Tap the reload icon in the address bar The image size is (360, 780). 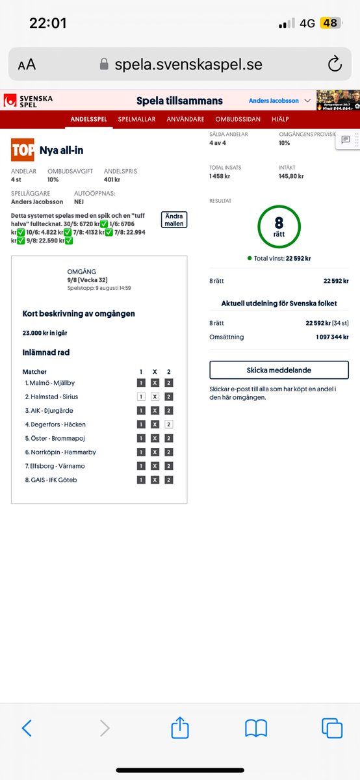tap(335, 64)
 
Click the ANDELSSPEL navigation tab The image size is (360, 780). tap(89, 120)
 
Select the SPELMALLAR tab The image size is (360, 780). tap(137, 120)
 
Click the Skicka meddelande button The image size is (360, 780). tap(279, 370)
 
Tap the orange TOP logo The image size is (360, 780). tap(23, 150)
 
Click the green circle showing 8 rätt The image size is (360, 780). tap(279, 227)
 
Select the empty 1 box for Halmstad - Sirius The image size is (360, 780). tap(141, 396)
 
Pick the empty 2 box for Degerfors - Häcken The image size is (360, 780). tap(169, 424)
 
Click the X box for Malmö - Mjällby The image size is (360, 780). tap(155, 383)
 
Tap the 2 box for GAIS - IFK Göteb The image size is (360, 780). tap(169, 480)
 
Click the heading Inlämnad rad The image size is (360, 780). tap(45, 352)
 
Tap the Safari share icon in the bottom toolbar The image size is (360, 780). tap(180, 728)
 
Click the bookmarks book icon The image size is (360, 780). tap(256, 728)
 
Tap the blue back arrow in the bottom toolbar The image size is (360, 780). tap(27, 728)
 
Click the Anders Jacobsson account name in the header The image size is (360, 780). tap(273, 101)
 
